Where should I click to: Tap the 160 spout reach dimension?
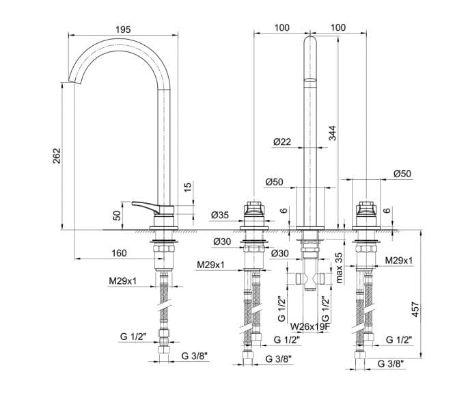coord(118,253)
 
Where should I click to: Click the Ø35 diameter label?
coord(221,217)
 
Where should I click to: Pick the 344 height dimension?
coord(332,134)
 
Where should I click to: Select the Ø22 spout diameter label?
coord(281,142)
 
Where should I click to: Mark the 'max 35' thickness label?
coord(340,267)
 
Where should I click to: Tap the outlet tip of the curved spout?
coord(74,80)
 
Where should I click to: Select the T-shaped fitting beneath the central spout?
coord(310,279)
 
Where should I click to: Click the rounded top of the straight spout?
coord(309,42)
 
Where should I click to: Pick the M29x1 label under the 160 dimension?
coord(122,280)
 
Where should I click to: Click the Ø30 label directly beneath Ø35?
coord(221,241)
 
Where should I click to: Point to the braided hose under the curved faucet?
coord(165,301)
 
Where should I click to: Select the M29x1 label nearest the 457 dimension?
coord(398,261)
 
